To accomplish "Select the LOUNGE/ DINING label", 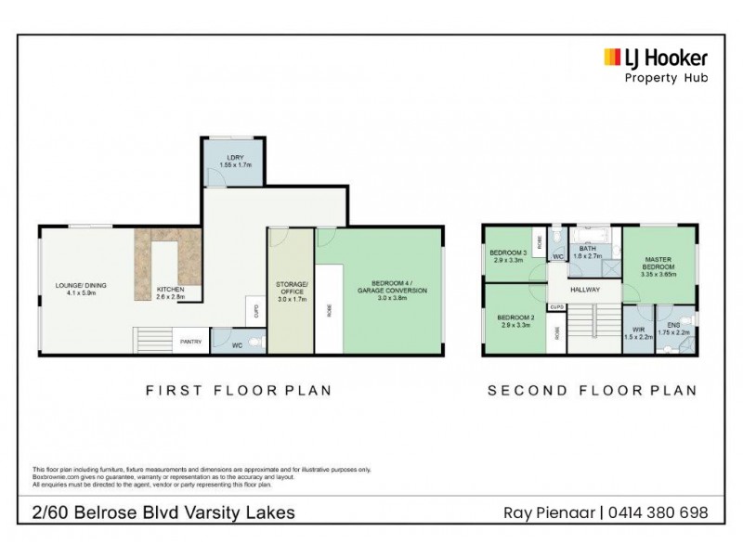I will tap(75, 289).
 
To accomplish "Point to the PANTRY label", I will tap(191, 341).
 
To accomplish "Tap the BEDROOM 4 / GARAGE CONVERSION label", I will tap(398, 286).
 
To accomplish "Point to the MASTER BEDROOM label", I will tap(662, 266).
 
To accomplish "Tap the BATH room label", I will tap(588, 253).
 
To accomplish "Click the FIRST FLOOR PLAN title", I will tap(239, 391).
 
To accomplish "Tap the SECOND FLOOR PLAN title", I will tap(592, 391).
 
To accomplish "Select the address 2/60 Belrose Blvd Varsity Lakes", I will tap(163, 512).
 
